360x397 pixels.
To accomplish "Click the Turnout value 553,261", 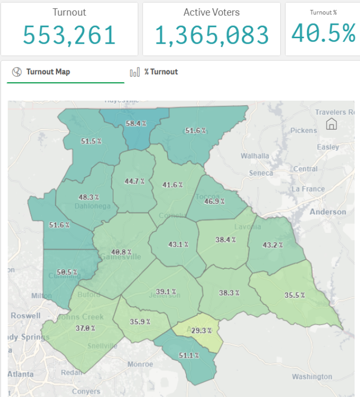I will [x=69, y=35].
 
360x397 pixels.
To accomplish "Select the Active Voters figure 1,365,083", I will [x=212, y=35].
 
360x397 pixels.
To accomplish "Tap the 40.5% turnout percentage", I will [x=323, y=34].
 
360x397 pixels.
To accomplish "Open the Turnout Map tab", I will [x=48, y=72].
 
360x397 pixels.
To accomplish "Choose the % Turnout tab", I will [x=161, y=72].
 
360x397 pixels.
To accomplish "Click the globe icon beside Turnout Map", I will [x=17, y=72].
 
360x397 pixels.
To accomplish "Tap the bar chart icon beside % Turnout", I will [x=134, y=72].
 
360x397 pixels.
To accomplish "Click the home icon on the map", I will [x=331, y=124].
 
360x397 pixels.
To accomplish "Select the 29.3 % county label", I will [x=202, y=330].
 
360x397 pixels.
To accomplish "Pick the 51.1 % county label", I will [x=189, y=355].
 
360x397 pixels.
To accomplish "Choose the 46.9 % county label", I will [x=214, y=201].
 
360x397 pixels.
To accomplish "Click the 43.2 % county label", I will [x=273, y=245].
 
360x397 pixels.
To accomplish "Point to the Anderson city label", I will [x=328, y=212].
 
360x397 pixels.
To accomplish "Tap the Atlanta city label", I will [x=20, y=374].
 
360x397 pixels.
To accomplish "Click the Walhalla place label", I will [x=255, y=156].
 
